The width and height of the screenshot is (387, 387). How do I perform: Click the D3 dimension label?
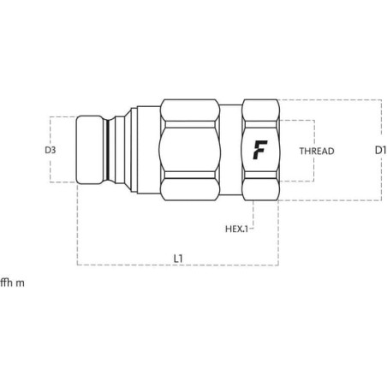tap(51, 150)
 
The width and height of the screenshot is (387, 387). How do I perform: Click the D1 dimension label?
tap(380, 150)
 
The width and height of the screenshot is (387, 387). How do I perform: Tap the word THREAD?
tap(317, 151)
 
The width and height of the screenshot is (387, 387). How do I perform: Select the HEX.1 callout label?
tap(236, 229)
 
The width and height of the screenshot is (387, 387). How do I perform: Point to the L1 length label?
tap(178, 259)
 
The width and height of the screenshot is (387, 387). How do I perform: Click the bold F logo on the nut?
tap(260, 150)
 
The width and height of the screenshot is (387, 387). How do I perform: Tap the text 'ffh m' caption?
tap(12, 283)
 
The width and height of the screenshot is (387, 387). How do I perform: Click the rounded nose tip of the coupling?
tap(89, 150)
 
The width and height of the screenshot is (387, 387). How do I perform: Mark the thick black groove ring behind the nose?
tap(108, 150)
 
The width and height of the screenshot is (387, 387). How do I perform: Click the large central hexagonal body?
tap(189, 150)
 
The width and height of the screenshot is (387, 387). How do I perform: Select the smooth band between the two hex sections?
tap(231, 150)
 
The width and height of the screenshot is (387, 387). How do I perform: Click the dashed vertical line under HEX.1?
tap(253, 215)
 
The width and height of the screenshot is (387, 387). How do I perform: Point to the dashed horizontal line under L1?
tap(178, 265)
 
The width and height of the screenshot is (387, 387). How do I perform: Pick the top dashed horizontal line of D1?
tap(330, 100)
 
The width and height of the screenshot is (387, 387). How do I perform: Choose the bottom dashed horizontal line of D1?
tap(330, 200)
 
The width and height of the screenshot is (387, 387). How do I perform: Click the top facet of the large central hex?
tap(189, 110)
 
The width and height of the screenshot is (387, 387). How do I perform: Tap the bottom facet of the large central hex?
tap(189, 189)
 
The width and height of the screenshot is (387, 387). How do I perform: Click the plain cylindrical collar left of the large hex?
tap(148, 150)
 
